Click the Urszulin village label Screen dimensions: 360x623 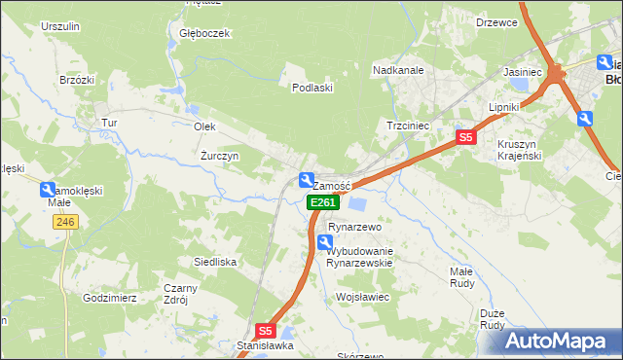pos(59,27)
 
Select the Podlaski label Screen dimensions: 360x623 pos(313,87)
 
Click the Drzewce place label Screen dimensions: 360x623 pos(496,21)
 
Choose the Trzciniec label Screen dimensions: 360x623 pos(409,126)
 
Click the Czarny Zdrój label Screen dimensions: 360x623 pos(181,294)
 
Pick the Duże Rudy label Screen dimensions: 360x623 pos(493,319)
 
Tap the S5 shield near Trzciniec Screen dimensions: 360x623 pos(466,138)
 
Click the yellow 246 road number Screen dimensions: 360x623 pos(65,222)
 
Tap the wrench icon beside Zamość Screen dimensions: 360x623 pos(306,180)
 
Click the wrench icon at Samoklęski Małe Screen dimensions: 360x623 pos(48,191)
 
